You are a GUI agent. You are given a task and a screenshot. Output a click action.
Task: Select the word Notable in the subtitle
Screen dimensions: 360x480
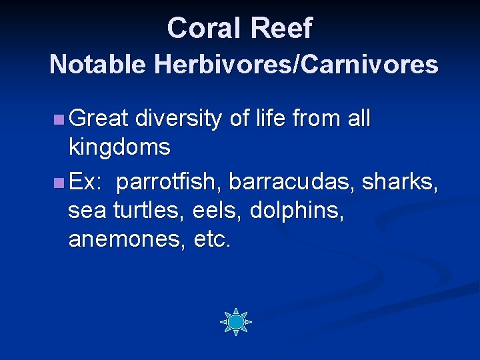click(x=98, y=65)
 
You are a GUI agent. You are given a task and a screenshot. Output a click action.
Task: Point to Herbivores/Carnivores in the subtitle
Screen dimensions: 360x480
click(x=295, y=65)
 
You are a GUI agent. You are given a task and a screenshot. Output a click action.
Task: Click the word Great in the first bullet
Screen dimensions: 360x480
click(x=98, y=119)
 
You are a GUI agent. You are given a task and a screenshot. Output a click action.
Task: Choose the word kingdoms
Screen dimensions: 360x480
click(x=119, y=147)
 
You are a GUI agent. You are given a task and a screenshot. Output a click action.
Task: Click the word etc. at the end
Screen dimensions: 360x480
click(x=212, y=239)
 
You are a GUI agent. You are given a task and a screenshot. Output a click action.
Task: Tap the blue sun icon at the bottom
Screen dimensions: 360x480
click(x=236, y=322)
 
